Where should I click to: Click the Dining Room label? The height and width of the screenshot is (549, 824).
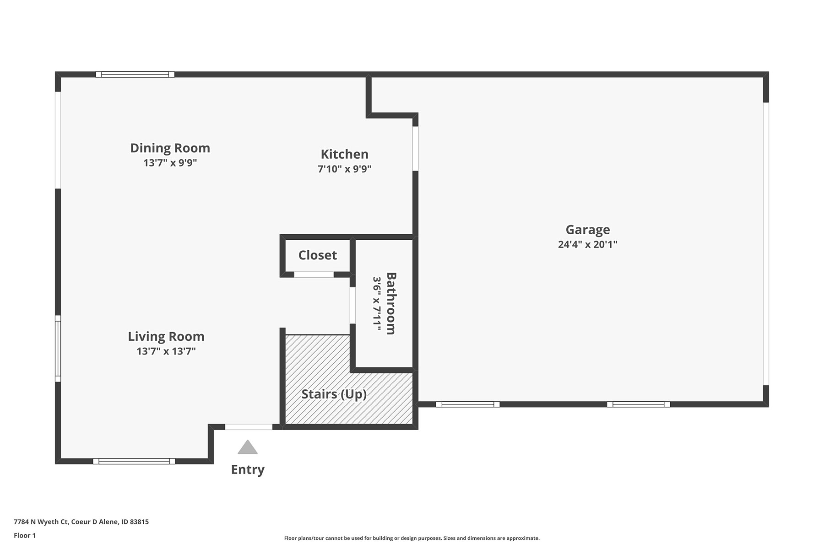point(170,148)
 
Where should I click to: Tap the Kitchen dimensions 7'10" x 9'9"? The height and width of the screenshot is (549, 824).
point(344,169)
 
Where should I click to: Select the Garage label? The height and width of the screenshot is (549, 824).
point(588,230)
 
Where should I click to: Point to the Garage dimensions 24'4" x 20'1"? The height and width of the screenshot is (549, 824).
point(588,244)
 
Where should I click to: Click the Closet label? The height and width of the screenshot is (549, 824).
point(318,255)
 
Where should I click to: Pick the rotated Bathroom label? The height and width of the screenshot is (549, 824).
point(391,303)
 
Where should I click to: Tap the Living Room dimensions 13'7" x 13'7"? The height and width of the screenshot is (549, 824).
point(166,351)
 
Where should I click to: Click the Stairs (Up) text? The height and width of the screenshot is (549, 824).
point(334,394)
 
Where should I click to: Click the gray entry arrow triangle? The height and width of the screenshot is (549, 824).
point(248,447)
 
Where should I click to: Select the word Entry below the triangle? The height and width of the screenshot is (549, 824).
point(248,470)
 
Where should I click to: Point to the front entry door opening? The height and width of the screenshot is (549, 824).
point(249,427)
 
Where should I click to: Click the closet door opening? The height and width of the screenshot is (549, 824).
point(314,274)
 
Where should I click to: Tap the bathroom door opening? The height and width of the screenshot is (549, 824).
point(352,305)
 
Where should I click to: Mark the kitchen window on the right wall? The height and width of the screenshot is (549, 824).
point(415,149)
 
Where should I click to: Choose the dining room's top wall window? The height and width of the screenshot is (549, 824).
point(135,75)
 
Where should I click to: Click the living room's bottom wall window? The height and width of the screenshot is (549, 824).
point(134,461)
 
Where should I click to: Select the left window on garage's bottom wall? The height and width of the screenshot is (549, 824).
point(468,404)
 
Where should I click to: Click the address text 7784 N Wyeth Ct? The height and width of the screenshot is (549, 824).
point(41,522)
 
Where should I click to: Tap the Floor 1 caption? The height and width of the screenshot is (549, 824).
point(25,535)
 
